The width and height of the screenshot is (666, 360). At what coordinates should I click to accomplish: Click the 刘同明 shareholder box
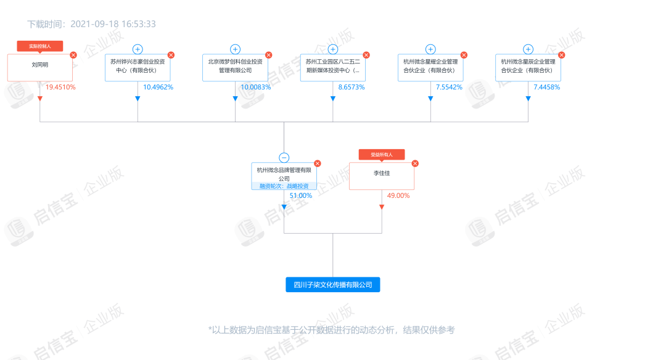point(40,68)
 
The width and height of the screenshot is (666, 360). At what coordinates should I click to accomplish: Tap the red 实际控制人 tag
point(40,46)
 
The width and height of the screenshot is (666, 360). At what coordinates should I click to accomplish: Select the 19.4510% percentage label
point(60,87)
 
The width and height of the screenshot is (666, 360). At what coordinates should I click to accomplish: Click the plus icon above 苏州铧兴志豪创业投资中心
point(138,49)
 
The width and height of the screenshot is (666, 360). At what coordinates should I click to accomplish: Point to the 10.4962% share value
point(158,87)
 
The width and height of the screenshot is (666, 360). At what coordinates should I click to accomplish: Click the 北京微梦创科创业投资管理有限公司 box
point(236,68)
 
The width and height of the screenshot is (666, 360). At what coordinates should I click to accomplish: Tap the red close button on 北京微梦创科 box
point(268,55)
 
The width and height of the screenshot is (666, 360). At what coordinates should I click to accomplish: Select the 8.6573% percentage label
point(351,87)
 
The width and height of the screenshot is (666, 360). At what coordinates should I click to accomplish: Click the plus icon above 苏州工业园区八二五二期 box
point(333,49)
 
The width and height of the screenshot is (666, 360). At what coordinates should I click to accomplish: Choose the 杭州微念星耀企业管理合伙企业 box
point(430,68)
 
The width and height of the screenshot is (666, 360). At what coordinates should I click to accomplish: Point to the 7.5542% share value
point(449,87)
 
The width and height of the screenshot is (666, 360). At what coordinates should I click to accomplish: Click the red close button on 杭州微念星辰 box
point(562,55)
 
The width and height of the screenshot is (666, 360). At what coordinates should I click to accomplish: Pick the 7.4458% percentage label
point(546,87)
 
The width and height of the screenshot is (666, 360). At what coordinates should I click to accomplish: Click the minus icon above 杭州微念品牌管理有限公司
point(284,158)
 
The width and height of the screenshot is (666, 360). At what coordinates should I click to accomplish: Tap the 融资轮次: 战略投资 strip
point(284,186)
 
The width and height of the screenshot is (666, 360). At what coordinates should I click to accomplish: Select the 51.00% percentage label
point(301,195)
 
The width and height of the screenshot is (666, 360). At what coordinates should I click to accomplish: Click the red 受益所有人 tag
point(382,155)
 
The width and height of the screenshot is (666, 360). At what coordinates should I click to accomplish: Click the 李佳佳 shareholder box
point(382,176)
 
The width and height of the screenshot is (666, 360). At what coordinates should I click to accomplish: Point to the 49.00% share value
point(398,195)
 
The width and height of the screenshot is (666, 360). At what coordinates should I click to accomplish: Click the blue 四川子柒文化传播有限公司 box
point(333,285)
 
